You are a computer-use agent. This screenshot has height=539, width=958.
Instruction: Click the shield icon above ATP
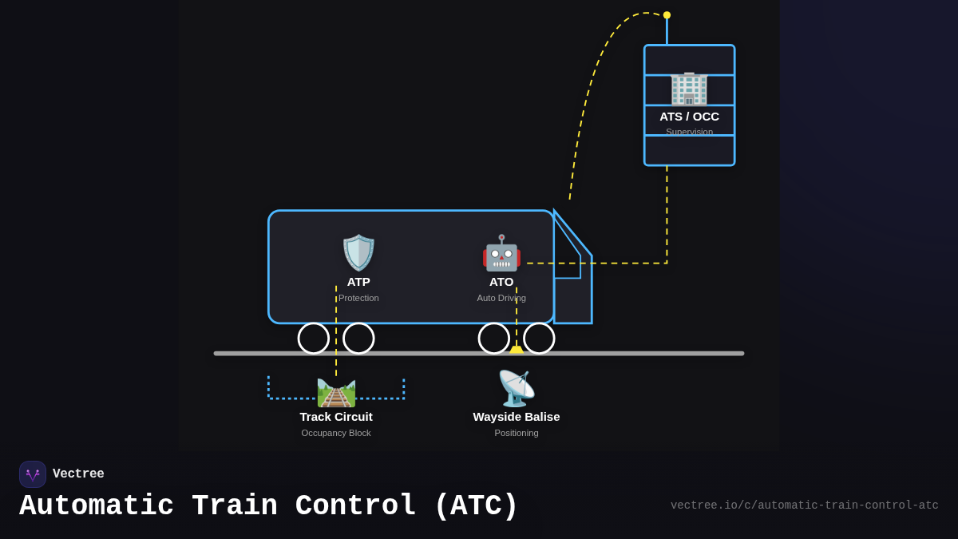(358, 252)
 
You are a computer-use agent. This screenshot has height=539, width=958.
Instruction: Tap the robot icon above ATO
(501, 253)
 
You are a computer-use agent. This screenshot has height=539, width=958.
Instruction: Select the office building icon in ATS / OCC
(689, 88)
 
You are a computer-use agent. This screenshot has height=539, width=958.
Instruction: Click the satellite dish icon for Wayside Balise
(517, 388)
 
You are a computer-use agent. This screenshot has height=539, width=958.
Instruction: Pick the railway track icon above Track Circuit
(336, 392)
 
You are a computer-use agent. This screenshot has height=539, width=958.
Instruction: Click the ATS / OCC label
(689, 117)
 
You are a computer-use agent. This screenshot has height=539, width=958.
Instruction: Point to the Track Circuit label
(336, 417)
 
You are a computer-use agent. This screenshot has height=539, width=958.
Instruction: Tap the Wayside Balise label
(517, 417)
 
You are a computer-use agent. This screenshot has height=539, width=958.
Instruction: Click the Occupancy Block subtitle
(336, 433)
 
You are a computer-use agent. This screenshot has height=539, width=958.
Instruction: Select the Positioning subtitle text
(517, 433)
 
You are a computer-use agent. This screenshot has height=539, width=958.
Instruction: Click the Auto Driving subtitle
(501, 298)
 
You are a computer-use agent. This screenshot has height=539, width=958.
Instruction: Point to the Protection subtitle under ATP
(358, 298)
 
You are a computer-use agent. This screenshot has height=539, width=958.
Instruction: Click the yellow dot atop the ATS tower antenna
(667, 15)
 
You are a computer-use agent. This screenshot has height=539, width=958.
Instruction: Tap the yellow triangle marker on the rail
(517, 350)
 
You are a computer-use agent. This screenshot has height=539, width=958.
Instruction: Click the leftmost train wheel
(314, 338)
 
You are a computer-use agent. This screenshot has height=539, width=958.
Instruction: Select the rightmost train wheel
(539, 338)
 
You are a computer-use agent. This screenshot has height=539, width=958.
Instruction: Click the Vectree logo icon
(33, 474)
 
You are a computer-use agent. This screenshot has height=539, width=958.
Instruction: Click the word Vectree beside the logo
(78, 474)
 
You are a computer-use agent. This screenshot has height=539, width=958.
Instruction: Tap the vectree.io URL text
(804, 505)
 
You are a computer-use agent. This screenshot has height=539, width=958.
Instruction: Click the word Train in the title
(235, 506)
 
